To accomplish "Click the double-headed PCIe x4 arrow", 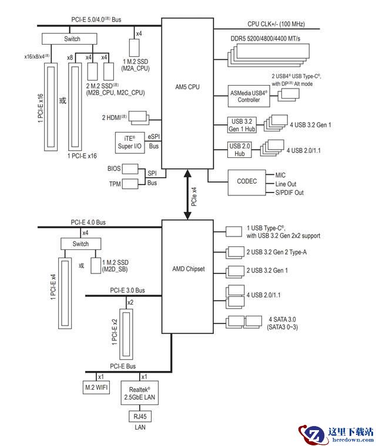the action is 187,195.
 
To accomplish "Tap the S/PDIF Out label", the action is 290,193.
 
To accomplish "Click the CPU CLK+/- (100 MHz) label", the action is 276,24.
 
